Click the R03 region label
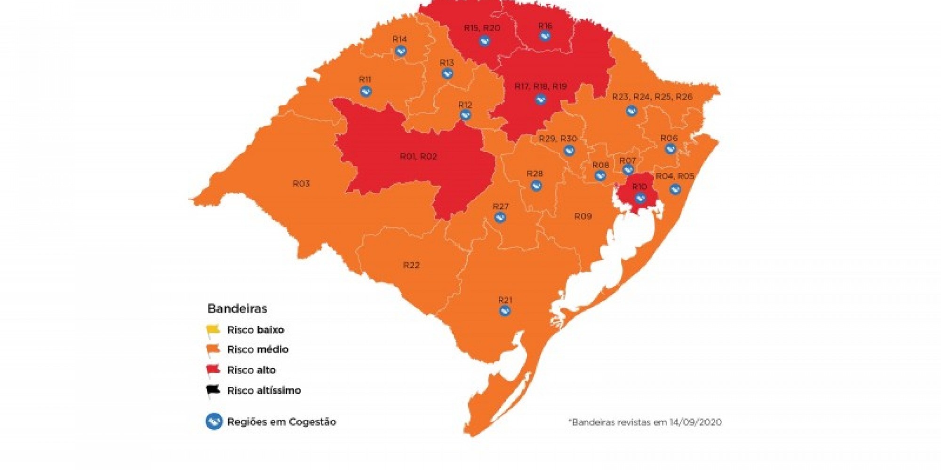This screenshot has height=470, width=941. click(301, 184)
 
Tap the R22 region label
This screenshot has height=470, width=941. click(411, 265)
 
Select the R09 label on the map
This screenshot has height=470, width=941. click(583, 216)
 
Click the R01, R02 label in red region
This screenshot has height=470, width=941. click(418, 157)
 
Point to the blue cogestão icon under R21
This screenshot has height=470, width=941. click(505, 311)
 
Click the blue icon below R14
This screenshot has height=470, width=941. click(400, 51)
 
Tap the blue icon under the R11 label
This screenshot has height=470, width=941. click(366, 91)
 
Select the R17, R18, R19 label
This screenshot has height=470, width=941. click(541, 86)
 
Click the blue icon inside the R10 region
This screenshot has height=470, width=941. click(640, 198)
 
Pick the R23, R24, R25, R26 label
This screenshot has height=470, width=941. click(652, 97)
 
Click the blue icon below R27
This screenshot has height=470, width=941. click(500, 218)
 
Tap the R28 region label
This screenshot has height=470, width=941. click(535, 174)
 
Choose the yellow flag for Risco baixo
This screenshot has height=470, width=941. click(213, 330)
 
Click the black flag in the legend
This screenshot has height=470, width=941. click(213, 390)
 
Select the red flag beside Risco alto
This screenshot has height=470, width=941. click(213, 370)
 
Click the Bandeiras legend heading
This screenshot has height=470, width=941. click(237, 309)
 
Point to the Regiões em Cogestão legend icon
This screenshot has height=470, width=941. click(214, 422)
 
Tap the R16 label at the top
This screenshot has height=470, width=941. click(545, 26)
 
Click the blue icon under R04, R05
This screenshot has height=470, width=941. click(675, 189)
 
